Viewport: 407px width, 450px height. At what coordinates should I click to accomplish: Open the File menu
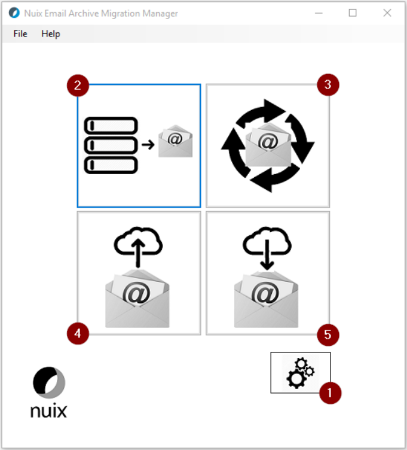click(x=20, y=34)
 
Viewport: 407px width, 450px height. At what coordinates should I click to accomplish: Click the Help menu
click(x=51, y=34)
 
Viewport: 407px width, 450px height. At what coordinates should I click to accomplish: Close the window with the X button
click(x=387, y=13)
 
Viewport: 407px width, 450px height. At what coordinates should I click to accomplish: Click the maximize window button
click(x=353, y=13)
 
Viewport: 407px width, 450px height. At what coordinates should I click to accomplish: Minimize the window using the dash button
click(x=318, y=13)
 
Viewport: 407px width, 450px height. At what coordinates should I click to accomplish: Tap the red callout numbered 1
click(x=330, y=393)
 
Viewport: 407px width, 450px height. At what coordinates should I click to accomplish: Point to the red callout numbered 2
click(x=78, y=86)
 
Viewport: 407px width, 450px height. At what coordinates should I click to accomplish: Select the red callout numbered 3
click(x=328, y=84)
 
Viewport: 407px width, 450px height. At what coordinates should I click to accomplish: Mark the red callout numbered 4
click(x=78, y=332)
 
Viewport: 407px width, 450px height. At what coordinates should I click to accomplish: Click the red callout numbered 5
click(x=328, y=334)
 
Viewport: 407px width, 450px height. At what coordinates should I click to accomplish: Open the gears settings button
click(x=300, y=373)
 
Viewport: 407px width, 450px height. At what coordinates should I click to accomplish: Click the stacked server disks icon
click(x=111, y=145)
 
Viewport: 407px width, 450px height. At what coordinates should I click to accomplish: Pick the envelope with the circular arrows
click(x=268, y=145)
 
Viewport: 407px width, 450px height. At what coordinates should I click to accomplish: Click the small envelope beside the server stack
click(x=175, y=142)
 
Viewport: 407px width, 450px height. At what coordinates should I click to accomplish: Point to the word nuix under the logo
click(x=49, y=411)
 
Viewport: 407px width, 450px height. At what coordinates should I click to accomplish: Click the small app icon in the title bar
click(x=14, y=13)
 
